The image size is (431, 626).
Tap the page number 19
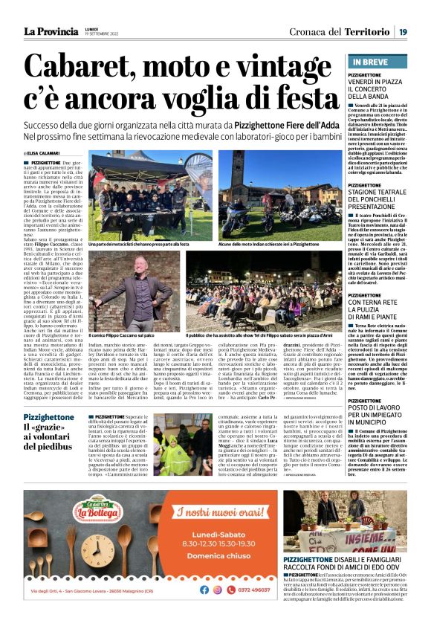[401, 30]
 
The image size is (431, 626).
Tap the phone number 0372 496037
[257, 589]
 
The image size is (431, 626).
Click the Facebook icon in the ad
[204, 589]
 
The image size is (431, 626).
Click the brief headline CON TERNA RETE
[376, 305]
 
